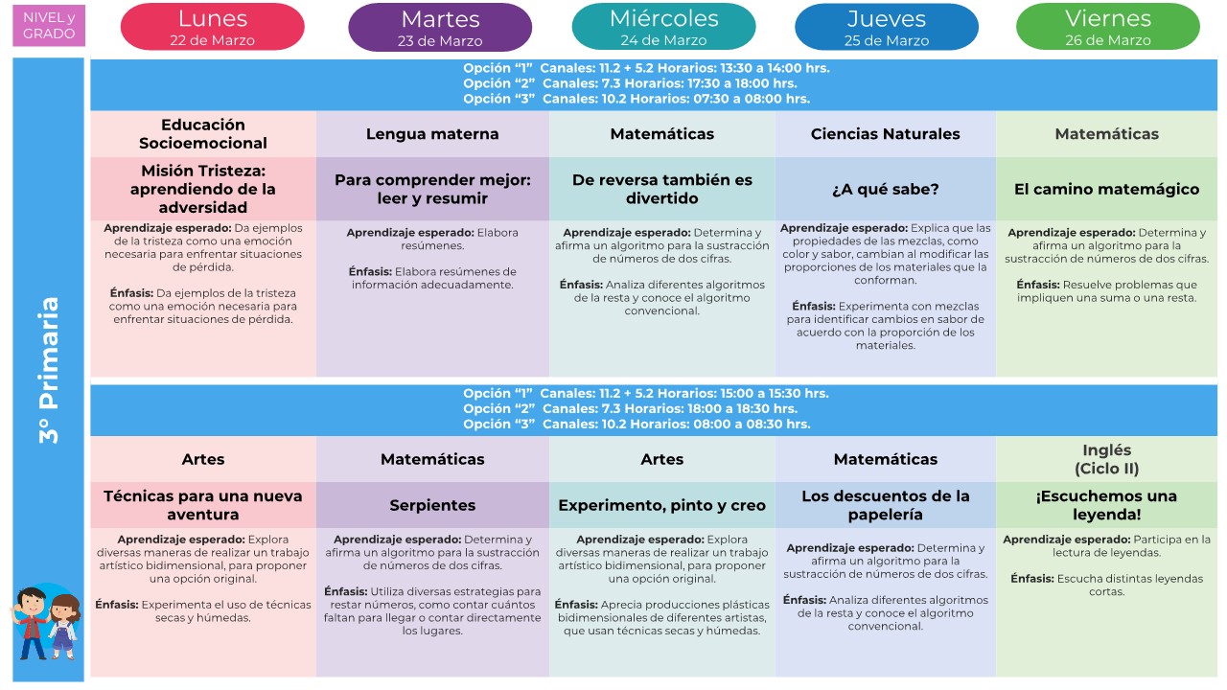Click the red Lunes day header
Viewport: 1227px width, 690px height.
point(212,27)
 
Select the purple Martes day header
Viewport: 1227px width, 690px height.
point(440,27)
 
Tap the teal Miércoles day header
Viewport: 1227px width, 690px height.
point(663,27)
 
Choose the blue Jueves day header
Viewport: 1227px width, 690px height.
point(887,27)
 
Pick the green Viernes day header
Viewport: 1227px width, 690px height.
point(1107,27)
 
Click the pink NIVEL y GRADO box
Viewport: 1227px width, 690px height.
point(49,26)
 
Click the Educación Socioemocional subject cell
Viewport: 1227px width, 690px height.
point(203,134)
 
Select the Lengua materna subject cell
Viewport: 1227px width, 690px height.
point(432,134)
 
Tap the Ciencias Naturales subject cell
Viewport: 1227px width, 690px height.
point(886,134)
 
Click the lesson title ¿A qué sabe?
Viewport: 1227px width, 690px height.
point(886,189)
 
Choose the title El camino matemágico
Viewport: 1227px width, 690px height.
point(1106,189)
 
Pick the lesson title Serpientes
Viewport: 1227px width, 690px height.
point(432,505)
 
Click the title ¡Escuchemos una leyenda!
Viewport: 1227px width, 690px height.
point(1106,505)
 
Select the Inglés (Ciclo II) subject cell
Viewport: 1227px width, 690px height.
point(1106,459)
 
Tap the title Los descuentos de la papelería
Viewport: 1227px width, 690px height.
point(886,505)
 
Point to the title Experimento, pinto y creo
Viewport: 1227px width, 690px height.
point(662,505)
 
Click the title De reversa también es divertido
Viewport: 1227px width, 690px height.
point(662,189)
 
